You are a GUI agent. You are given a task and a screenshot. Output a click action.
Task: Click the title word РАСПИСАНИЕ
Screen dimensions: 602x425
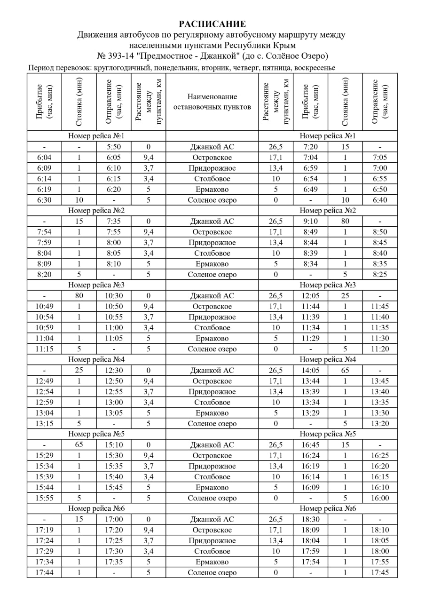pos(212,24)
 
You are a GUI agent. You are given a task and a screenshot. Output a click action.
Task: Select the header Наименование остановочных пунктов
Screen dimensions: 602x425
pos(212,102)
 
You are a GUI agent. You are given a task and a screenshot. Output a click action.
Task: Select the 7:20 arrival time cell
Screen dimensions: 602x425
pos(310,147)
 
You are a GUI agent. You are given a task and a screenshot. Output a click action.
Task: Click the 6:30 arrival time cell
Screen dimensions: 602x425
pos(44,200)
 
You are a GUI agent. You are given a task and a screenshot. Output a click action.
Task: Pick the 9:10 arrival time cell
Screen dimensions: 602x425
pos(310,221)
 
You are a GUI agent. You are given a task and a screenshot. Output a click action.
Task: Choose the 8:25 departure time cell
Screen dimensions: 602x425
pos(380,274)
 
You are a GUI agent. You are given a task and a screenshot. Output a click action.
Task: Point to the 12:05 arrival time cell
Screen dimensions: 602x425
pos(310,296)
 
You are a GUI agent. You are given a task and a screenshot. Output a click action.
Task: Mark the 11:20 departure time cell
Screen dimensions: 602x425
pos(380,349)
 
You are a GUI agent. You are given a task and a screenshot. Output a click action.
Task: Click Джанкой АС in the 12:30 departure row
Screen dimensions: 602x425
pos(212,370)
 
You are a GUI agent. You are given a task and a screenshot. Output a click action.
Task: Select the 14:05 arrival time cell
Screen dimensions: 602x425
pos(310,370)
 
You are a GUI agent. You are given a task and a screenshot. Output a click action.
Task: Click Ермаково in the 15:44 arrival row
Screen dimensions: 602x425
pos(212,487)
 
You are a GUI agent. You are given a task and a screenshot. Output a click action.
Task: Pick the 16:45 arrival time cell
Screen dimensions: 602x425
pos(310,445)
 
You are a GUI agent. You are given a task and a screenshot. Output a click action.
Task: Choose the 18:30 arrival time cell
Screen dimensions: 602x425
pos(310,519)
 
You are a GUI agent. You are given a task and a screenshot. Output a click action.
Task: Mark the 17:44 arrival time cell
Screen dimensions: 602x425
pos(44,572)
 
